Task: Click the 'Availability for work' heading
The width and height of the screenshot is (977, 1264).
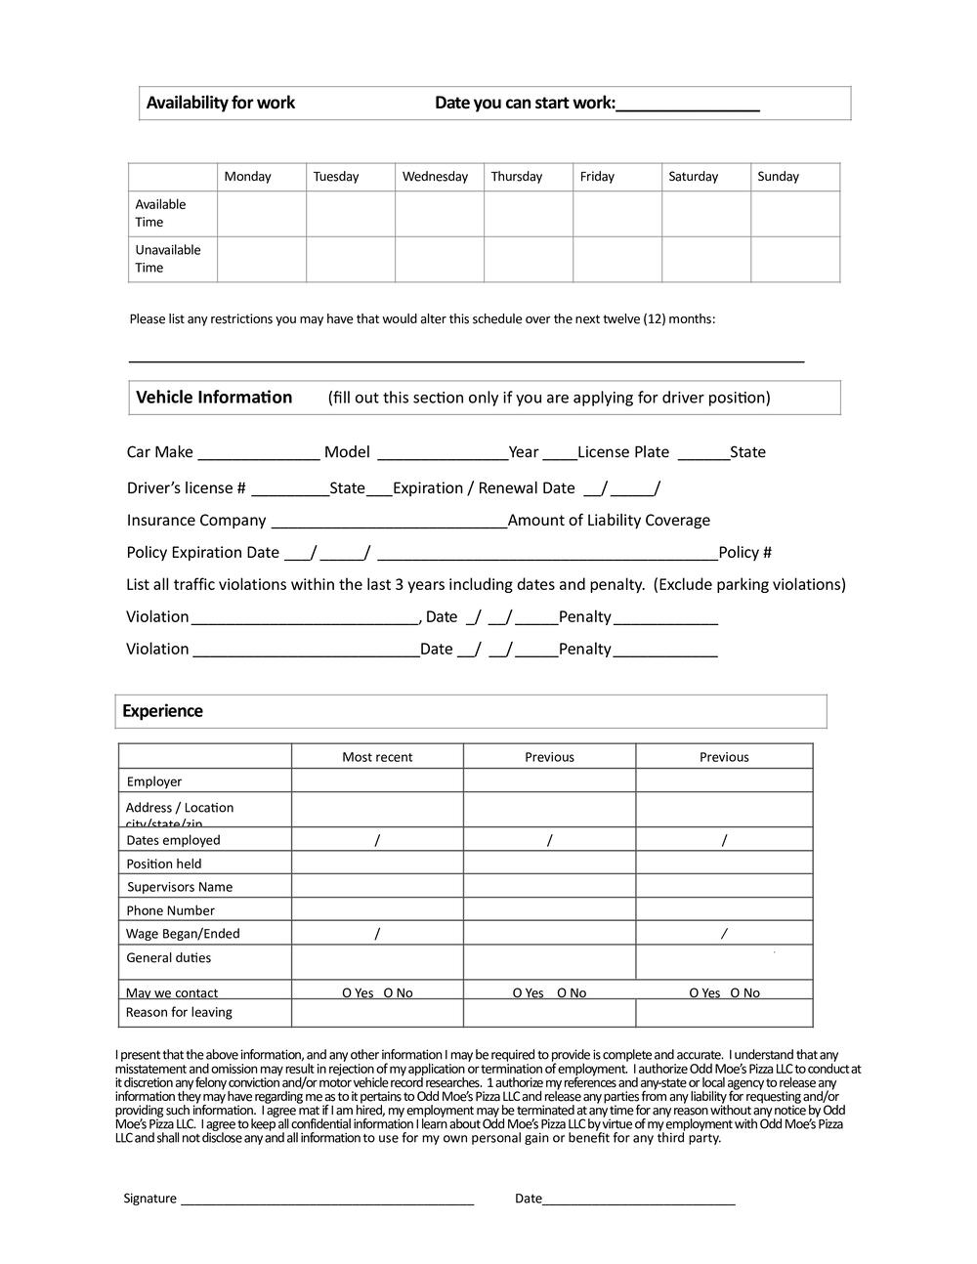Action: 220,103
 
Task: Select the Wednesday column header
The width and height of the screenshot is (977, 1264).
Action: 435,177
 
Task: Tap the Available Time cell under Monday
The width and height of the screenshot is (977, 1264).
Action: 262,214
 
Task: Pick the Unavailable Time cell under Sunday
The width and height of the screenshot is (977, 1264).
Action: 795,260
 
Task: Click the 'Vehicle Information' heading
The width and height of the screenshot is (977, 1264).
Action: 214,398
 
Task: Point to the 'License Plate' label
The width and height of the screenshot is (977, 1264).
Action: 623,452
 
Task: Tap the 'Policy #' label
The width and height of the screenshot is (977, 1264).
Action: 744,553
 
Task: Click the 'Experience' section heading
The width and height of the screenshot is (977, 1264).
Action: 162,711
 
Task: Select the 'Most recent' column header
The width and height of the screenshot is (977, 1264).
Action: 377,757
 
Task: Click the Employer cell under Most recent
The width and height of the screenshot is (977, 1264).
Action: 377,780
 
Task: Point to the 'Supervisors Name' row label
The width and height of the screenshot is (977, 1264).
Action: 180,887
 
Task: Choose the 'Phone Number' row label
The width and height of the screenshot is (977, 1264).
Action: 170,910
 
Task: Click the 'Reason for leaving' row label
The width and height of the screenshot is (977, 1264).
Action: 179,1012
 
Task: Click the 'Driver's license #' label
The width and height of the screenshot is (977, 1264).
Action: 186,488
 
